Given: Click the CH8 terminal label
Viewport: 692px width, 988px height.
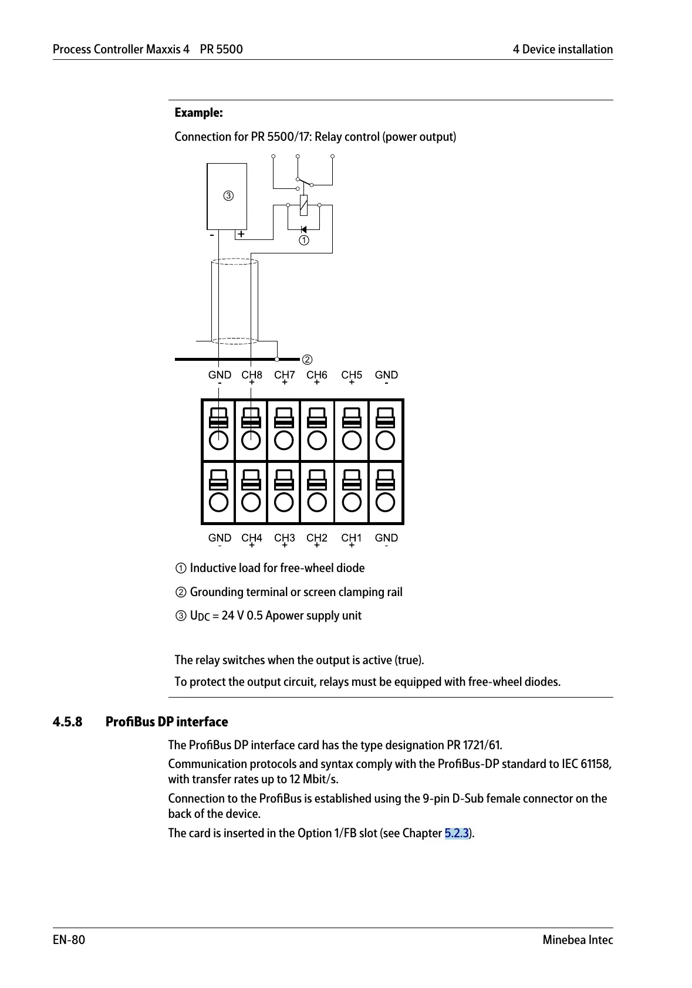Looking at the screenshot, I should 252,375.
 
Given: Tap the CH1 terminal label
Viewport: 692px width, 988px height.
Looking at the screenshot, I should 352,538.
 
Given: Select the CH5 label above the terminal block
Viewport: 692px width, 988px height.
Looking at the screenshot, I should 352,375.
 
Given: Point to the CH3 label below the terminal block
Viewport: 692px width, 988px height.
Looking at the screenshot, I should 285,538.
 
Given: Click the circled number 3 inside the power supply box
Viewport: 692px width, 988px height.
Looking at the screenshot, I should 228,196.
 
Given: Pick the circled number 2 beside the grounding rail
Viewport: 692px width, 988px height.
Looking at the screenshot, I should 307,360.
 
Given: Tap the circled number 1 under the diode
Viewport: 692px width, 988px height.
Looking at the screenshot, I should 303,241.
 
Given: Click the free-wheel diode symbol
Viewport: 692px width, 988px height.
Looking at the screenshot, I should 303,229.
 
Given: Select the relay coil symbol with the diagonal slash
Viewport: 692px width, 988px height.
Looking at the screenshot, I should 303,205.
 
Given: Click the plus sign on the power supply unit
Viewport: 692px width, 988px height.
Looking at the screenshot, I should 241,234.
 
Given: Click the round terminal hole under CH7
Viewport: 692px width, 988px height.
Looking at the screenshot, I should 284,440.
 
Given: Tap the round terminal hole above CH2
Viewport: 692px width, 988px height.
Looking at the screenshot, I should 317,502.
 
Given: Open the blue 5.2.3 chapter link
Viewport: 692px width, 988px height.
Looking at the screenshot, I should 457,833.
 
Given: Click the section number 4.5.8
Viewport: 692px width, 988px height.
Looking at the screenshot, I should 67,722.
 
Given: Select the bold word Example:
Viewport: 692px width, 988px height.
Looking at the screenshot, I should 199,113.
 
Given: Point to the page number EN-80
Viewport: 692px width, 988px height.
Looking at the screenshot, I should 69,940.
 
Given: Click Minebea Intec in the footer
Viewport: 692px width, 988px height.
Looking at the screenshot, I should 578,940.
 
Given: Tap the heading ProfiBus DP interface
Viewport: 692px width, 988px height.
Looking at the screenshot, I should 167,722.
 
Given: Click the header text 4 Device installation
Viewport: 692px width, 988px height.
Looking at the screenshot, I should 562,49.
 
